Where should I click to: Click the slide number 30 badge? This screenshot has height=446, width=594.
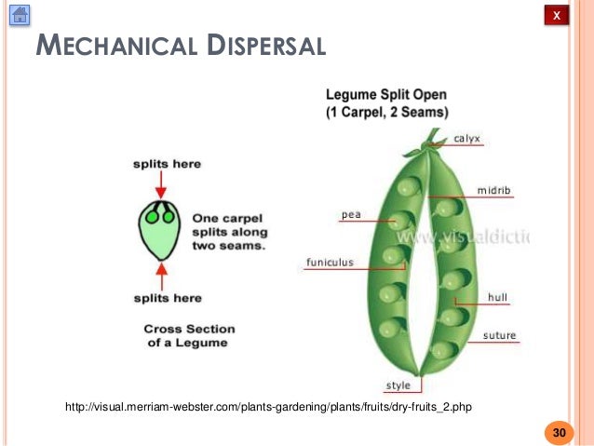coord(559,433)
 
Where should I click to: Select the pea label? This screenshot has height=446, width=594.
coord(351,214)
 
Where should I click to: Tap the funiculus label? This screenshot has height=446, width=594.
coord(330,263)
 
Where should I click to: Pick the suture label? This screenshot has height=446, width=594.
coord(499,335)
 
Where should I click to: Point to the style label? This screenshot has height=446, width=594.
coord(398,385)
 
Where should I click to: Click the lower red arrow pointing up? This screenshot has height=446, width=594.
coord(161,275)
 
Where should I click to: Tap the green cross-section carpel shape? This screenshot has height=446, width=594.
coord(161,229)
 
